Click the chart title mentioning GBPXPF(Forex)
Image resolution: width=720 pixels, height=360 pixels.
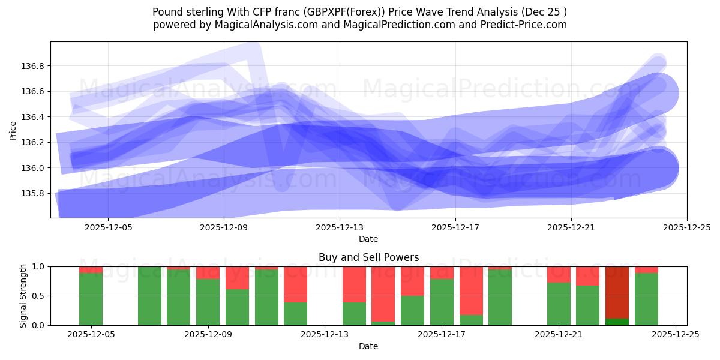[x=359, y=12]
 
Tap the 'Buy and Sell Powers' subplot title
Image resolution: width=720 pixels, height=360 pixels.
[x=368, y=257]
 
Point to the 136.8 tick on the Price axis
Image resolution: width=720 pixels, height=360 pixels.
[x=34, y=66]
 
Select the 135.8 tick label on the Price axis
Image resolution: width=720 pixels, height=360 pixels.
[x=34, y=193]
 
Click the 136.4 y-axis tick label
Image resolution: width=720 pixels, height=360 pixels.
[x=34, y=117]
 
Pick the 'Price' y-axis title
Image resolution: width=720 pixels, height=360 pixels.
[x=13, y=130]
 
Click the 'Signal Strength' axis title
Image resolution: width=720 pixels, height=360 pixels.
[x=23, y=295]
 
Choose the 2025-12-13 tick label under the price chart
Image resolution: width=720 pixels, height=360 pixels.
[x=340, y=227]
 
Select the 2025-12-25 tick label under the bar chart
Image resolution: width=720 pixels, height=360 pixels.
[x=676, y=335]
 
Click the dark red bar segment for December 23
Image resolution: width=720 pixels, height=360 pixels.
[x=617, y=292]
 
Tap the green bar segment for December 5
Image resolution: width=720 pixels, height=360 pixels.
[x=91, y=299]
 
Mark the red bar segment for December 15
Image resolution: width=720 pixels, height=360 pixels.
[x=383, y=294]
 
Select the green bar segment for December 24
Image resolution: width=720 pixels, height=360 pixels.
[x=646, y=299]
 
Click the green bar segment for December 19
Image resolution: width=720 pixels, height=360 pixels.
[x=500, y=297]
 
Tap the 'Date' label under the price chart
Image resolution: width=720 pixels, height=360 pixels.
[x=368, y=239]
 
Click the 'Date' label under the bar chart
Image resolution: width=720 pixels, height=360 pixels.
[x=368, y=346]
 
